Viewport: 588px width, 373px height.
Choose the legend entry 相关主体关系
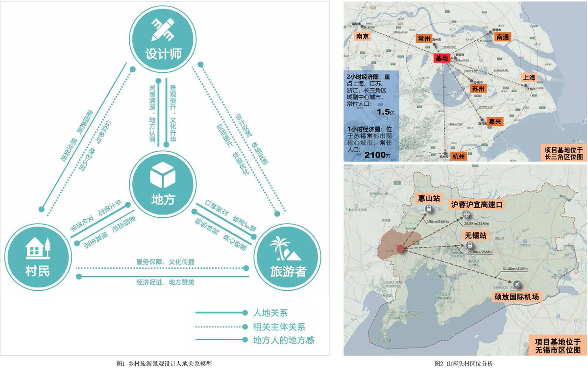point(279,326)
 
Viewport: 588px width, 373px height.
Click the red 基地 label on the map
point(441,58)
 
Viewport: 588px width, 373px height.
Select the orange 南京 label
point(363,36)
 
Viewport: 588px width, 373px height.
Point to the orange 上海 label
point(529,77)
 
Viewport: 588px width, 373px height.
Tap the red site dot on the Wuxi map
point(401,249)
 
